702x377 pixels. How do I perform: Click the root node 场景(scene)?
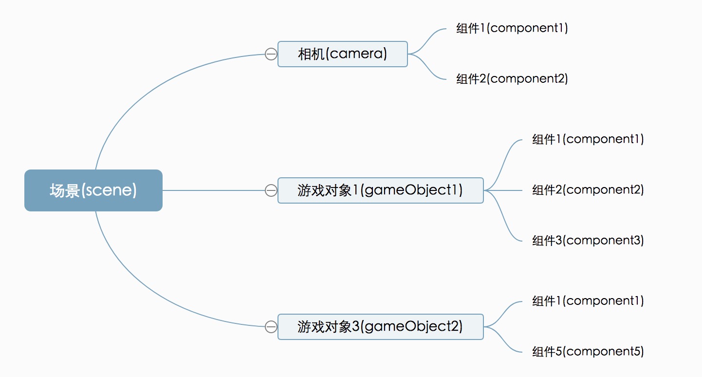[x=93, y=190]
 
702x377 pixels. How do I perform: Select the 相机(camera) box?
[x=343, y=54]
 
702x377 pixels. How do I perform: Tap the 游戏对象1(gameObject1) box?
[x=381, y=190]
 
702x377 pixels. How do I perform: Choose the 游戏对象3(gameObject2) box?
[x=381, y=327]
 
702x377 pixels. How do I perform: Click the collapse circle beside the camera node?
[x=271, y=54]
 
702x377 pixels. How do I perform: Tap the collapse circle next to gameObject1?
[x=271, y=190]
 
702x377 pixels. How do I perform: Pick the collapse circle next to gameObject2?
[x=271, y=327]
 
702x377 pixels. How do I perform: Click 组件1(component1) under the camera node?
[x=512, y=28]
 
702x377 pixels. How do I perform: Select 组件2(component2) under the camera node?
[x=512, y=79]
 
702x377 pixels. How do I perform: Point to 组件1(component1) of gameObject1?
[x=588, y=139]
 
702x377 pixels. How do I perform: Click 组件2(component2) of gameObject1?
[x=588, y=190]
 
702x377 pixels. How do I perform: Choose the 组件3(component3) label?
[x=588, y=241]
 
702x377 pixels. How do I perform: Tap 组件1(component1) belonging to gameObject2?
[x=588, y=301]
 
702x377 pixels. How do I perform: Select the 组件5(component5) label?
[x=588, y=352]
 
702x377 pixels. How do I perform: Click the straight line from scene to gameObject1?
[x=214, y=190]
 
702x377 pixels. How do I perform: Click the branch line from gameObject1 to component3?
[x=503, y=216]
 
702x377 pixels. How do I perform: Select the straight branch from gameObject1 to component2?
[x=503, y=190]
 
